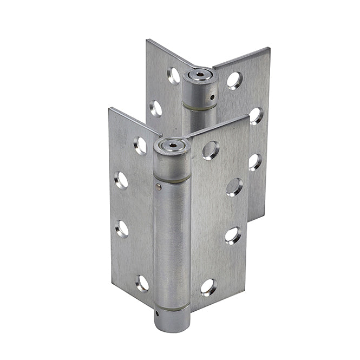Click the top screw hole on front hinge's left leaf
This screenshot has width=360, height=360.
point(140,145)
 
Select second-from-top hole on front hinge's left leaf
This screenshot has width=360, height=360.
point(122,180)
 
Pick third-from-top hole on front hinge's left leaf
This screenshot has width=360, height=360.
point(122,228)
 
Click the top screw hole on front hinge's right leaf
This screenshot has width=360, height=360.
point(211,150)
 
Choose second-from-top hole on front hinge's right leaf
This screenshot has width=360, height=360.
point(234,187)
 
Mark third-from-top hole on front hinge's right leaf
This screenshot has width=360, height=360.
point(233,235)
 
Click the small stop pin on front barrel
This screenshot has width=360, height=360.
point(158,187)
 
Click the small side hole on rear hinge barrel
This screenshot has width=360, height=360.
point(212,98)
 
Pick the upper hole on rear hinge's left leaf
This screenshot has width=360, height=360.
point(174,75)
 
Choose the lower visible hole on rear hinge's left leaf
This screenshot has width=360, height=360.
point(156,108)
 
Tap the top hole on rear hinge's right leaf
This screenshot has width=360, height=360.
point(234,80)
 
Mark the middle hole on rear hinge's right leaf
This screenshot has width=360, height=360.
point(256,115)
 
